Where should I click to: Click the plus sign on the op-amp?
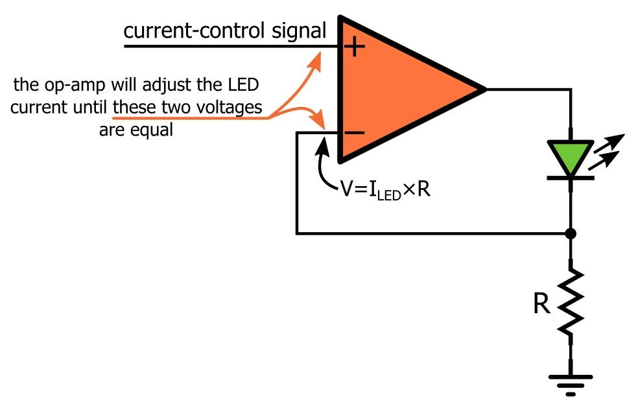click(x=355, y=47)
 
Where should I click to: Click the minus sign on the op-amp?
click(x=355, y=133)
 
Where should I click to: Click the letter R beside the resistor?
click(x=541, y=305)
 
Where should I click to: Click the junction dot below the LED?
click(x=571, y=232)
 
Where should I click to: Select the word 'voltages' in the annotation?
click(x=233, y=107)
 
